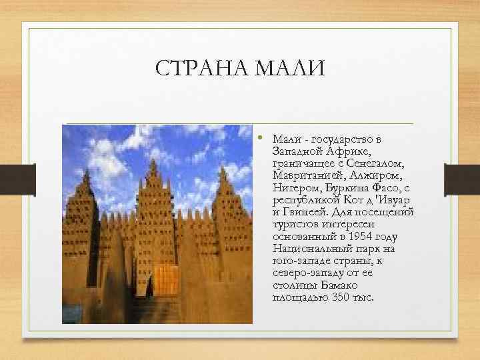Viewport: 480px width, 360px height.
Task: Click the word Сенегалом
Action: point(376,165)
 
